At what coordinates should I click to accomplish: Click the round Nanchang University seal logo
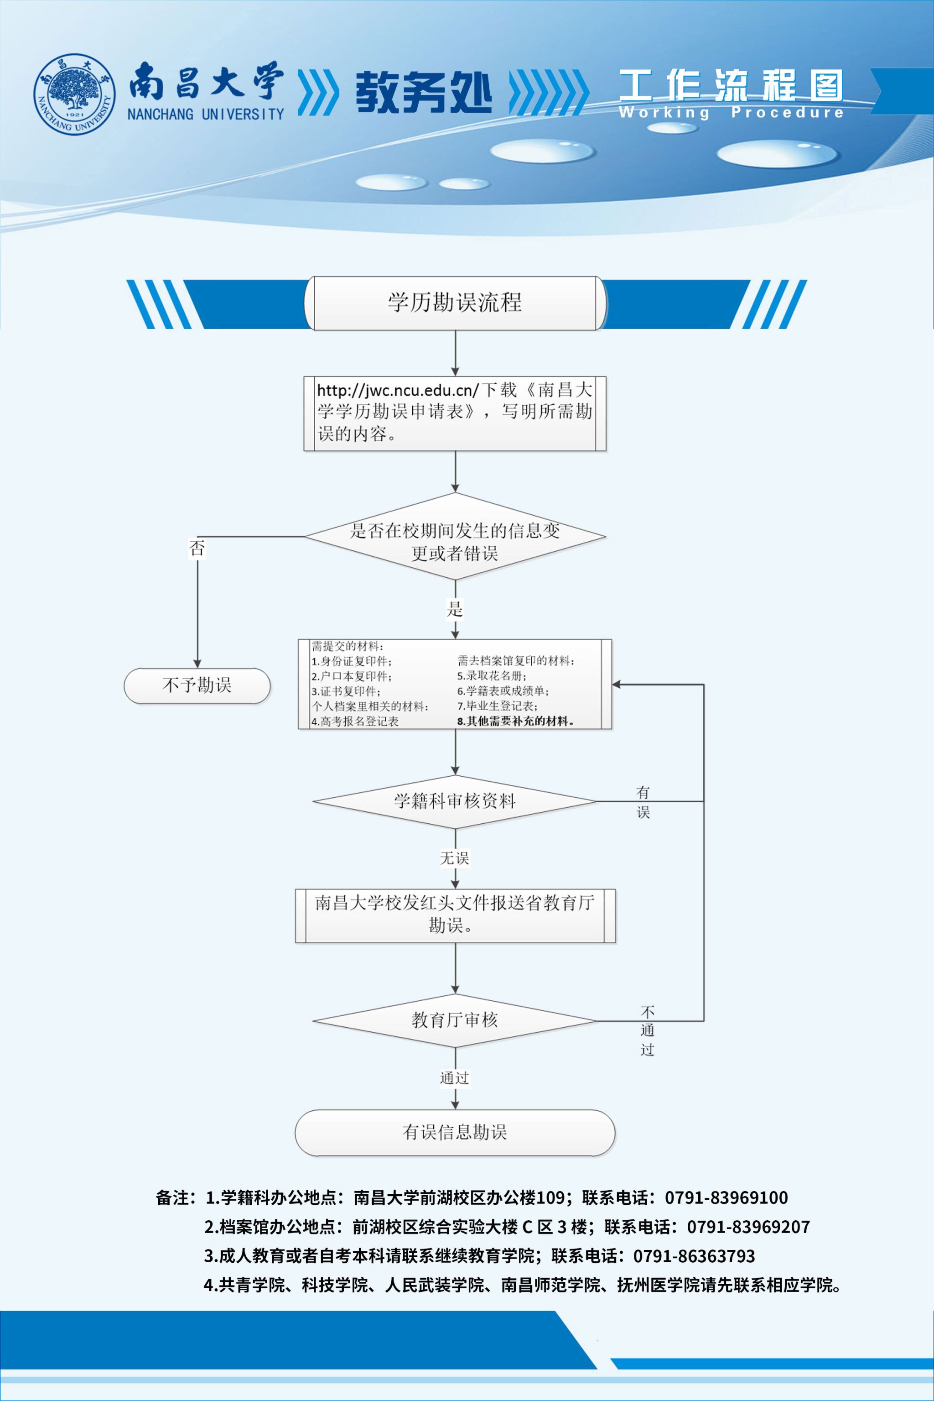click(x=74, y=94)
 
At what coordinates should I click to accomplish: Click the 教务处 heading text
click(x=424, y=92)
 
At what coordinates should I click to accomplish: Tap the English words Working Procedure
click(x=731, y=112)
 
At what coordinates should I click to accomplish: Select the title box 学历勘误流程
click(x=455, y=303)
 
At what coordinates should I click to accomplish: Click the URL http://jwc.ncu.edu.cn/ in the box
click(x=397, y=390)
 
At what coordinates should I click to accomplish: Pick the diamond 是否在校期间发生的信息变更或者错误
click(x=455, y=536)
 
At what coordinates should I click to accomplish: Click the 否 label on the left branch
click(x=197, y=548)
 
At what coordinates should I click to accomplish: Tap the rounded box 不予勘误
click(x=197, y=685)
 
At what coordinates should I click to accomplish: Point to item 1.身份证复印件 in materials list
click(x=352, y=661)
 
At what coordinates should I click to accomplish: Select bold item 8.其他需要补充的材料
click(x=515, y=721)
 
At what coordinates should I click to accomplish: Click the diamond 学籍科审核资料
click(x=455, y=801)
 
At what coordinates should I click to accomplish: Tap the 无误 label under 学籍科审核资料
click(x=455, y=858)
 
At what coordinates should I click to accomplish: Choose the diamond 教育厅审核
click(x=455, y=1020)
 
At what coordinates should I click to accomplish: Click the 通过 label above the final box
click(x=455, y=1077)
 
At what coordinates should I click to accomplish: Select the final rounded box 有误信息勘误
click(x=455, y=1132)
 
